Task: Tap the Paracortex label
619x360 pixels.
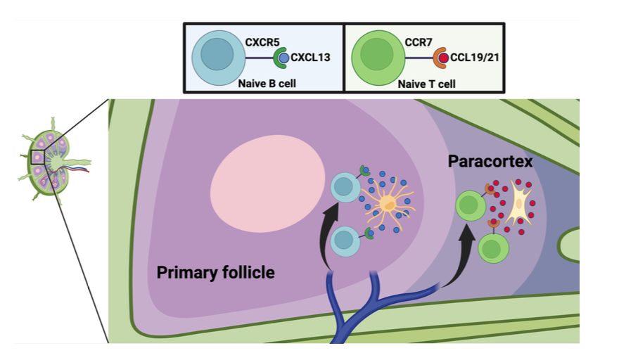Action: pos(490,162)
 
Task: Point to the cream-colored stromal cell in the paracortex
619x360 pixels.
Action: pos(519,204)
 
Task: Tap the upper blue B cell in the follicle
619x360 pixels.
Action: pos(345,188)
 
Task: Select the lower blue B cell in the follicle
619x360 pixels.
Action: pos(344,240)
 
